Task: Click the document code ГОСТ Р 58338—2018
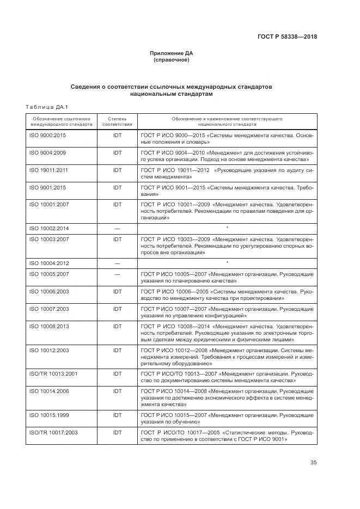pos(287,37)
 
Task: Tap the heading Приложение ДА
pos(172,53)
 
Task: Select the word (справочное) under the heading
pos(172,60)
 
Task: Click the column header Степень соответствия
pos(117,121)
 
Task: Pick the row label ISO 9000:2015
pos(47,134)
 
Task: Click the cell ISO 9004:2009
pos(47,153)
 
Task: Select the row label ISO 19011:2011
pos(48,170)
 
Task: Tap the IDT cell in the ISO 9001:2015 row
pos(117,187)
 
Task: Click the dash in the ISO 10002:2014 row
pos(117,229)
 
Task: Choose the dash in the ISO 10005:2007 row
pos(117,274)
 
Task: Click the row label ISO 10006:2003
pos(48,292)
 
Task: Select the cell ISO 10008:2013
pos(48,326)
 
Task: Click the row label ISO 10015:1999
pos(48,415)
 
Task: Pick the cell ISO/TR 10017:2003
pos(53,432)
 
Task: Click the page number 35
pos(313,463)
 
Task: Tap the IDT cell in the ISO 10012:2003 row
pos(117,350)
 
